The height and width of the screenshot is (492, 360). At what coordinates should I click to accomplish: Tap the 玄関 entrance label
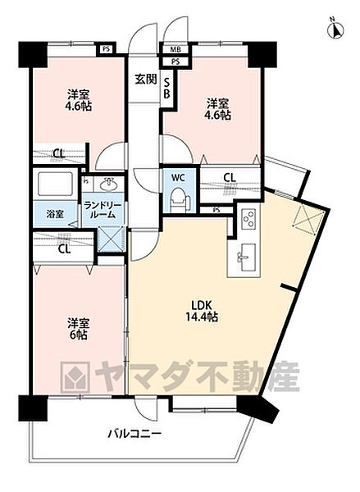(146, 79)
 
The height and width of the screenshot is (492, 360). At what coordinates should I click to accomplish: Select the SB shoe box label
(166, 86)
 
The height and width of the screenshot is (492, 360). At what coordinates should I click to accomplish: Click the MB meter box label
(175, 49)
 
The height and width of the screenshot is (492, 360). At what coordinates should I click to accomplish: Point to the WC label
(178, 177)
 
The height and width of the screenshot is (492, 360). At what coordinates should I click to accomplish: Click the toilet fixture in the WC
(177, 198)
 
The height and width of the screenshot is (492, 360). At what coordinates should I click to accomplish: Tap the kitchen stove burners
(248, 219)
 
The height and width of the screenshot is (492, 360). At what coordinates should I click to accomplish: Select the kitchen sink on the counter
(244, 257)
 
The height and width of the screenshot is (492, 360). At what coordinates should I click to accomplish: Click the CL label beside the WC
(229, 177)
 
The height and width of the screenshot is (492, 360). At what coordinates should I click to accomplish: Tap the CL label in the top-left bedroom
(59, 153)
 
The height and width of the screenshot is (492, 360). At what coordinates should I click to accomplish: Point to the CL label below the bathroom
(63, 250)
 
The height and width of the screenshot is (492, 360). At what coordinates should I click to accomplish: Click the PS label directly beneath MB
(175, 61)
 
